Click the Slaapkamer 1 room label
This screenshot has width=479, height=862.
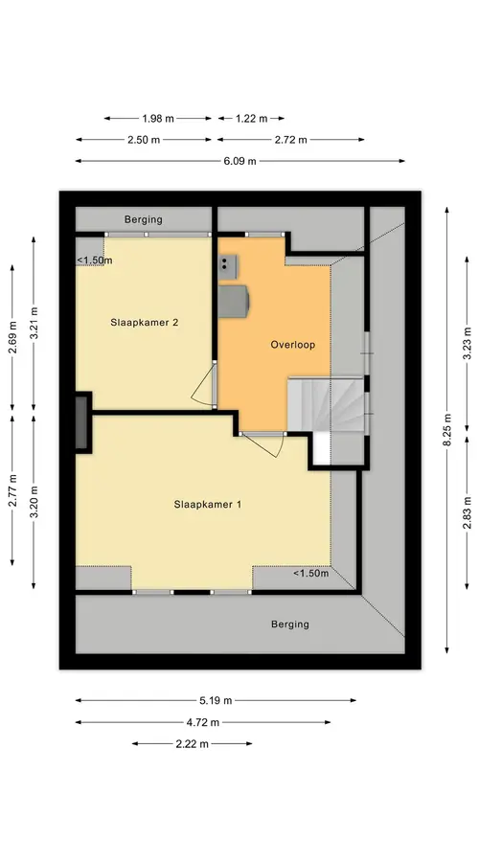[207, 504]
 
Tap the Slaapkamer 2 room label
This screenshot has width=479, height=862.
[144, 323]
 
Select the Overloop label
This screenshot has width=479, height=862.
[292, 345]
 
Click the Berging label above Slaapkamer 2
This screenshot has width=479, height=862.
[143, 219]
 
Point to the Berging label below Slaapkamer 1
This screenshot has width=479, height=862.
[290, 624]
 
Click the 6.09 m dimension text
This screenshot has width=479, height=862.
[240, 161]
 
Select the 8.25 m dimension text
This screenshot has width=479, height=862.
[448, 430]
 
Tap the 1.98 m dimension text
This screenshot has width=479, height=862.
[158, 118]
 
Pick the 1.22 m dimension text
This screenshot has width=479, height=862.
[251, 118]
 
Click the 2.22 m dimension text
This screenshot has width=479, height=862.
[192, 744]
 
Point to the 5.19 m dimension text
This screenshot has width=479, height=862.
[216, 700]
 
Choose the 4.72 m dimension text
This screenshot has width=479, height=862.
[203, 722]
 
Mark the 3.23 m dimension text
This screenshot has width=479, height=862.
[468, 344]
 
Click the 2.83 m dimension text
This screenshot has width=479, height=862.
[468, 512]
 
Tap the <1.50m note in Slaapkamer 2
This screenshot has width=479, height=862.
[94, 260]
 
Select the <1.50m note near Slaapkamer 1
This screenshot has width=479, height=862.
[310, 574]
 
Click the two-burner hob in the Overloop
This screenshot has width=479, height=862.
[228, 264]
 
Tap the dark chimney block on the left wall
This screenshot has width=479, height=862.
[82, 422]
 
